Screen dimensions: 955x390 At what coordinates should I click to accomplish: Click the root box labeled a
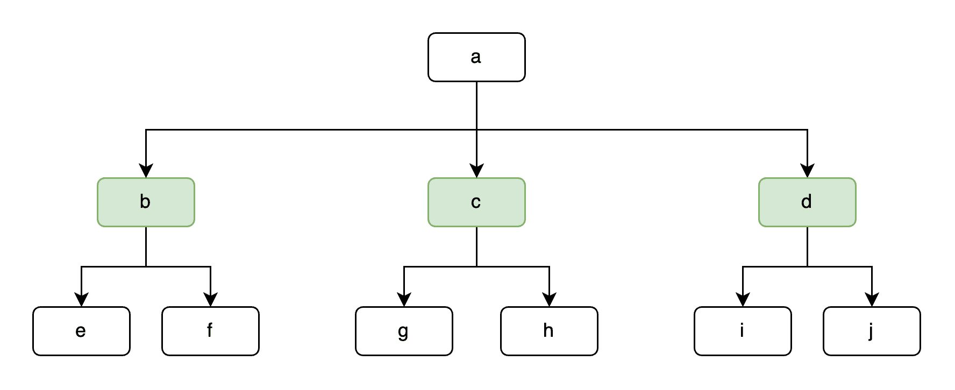tap(476, 57)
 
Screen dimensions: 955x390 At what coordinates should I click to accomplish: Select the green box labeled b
tap(146, 202)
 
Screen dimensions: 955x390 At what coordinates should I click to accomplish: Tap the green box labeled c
tap(476, 202)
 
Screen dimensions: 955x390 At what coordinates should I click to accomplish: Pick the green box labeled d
tap(807, 202)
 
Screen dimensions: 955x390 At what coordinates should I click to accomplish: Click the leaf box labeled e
tap(81, 331)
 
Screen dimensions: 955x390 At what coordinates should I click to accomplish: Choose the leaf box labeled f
tap(210, 331)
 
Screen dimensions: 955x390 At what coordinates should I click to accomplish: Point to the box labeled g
tap(404, 331)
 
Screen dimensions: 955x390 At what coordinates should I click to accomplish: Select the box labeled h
tap(549, 331)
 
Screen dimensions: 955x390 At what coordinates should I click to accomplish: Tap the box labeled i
tap(743, 331)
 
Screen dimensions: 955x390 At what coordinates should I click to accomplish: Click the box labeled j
tap(872, 331)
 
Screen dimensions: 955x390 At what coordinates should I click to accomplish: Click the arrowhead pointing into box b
tap(146, 171)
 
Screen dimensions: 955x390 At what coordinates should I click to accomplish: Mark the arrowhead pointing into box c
tap(476, 171)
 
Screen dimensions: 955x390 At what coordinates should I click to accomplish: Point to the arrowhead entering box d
tap(807, 171)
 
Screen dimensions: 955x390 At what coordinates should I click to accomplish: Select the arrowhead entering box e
tap(81, 300)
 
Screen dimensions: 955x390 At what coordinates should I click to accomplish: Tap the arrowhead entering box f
tap(210, 300)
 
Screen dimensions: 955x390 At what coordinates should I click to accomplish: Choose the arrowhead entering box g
tap(404, 300)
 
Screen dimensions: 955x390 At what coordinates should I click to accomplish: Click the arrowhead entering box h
tap(549, 300)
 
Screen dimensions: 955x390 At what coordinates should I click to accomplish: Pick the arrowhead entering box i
tap(743, 300)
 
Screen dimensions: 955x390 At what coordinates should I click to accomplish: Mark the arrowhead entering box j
tap(872, 300)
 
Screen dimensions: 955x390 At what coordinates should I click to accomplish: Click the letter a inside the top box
tap(476, 57)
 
